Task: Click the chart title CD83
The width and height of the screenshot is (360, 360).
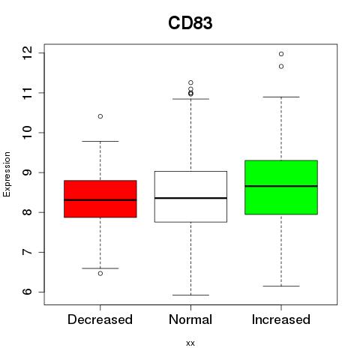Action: click(x=190, y=23)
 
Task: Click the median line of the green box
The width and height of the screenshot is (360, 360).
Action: click(x=281, y=186)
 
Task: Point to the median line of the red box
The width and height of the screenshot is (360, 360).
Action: click(x=100, y=200)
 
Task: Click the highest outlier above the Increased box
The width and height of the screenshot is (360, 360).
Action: click(x=281, y=54)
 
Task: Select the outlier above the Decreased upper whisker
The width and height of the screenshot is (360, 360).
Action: click(x=100, y=116)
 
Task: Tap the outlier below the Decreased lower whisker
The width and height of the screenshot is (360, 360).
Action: click(x=100, y=274)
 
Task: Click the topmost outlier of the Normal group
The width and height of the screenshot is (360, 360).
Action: click(x=190, y=82)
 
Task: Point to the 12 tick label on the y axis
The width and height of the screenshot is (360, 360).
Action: click(x=27, y=53)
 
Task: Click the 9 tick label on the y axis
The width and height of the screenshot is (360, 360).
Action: click(x=27, y=172)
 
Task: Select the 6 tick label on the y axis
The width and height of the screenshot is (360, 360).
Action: click(x=27, y=292)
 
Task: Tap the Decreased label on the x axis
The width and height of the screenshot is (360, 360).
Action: click(x=100, y=319)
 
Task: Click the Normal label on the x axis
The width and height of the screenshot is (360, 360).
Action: click(x=190, y=319)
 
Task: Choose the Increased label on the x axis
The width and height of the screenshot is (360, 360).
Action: click(x=281, y=319)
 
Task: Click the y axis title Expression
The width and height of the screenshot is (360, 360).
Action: click(x=7, y=174)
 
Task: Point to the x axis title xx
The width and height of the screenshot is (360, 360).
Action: click(x=190, y=343)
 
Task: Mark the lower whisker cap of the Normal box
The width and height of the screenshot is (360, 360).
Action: click(x=190, y=295)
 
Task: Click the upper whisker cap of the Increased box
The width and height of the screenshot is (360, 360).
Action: click(x=281, y=97)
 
